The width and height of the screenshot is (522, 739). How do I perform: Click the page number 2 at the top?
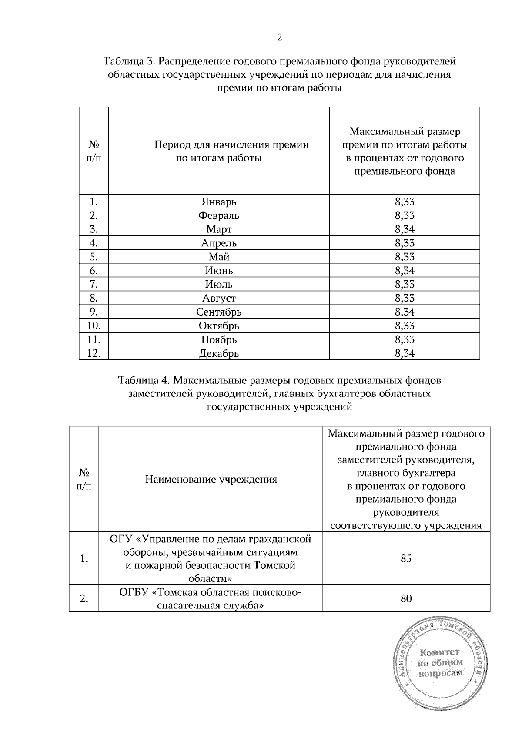coord(279,38)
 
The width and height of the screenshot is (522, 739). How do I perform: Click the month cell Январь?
coord(219,202)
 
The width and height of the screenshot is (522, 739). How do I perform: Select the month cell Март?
coord(219,229)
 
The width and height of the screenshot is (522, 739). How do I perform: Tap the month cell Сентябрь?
coord(219,312)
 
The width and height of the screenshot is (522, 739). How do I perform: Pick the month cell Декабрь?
coord(219,353)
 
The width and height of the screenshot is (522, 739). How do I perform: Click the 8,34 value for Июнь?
coord(405,271)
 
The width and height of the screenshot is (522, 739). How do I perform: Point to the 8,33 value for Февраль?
coord(405,215)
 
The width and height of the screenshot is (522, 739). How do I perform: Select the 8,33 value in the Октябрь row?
coord(405,326)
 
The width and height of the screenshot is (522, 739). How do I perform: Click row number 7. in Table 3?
coord(94,285)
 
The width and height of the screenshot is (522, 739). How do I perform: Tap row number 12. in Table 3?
coord(94,353)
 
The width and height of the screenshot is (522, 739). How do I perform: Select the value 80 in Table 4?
coord(406,599)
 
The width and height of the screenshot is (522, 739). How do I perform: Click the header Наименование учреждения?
coord(211,480)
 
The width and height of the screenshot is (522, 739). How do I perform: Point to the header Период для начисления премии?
coord(231,144)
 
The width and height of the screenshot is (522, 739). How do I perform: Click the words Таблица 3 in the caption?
coord(129,61)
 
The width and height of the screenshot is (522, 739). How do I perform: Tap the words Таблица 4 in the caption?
coord(144,380)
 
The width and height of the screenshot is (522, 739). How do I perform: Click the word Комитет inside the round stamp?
coord(440,652)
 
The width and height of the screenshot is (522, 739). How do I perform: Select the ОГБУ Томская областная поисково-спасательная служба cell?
coord(211,599)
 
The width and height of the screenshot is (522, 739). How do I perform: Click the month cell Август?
coord(219,298)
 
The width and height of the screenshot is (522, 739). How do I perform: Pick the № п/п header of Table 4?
coord(84,479)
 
